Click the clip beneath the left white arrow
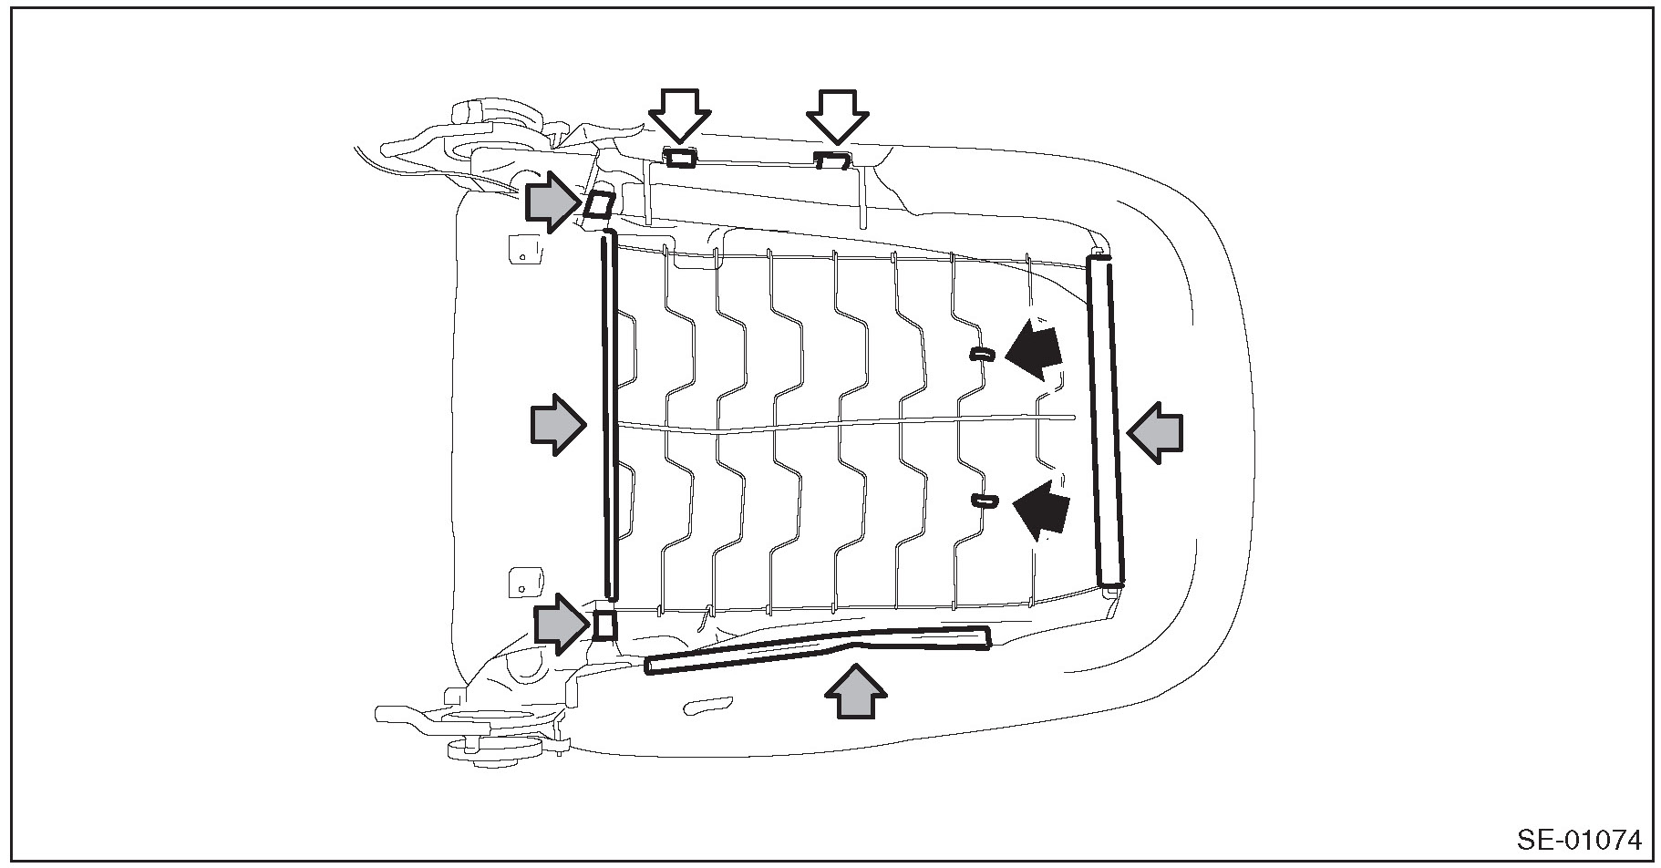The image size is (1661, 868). coord(679,159)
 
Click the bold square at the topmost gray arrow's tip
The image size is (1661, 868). coord(598,204)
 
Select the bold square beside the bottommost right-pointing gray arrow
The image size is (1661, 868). coord(604,625)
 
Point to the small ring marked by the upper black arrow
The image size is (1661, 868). coord(981,354)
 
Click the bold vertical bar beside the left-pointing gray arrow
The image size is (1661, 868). coord(1105,421)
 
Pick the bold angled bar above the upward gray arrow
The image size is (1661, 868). coord(816,649)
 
